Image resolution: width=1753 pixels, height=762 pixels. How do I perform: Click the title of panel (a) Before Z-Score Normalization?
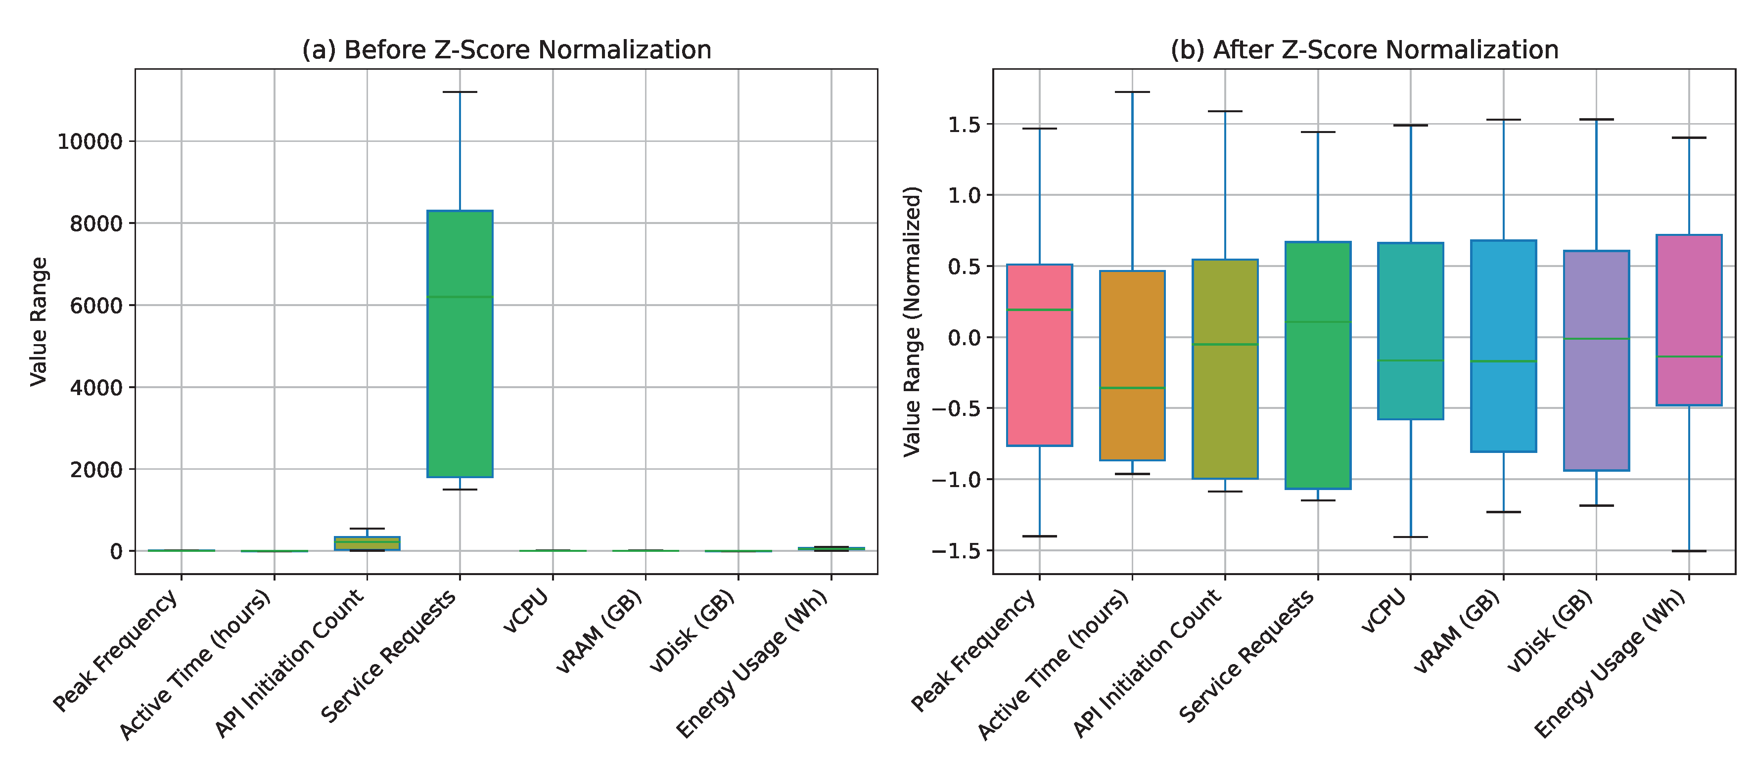[507, 50]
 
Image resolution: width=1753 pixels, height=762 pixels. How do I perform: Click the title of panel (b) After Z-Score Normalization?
[1364, 50]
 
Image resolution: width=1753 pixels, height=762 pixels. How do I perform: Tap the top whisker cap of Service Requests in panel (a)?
[460, 92]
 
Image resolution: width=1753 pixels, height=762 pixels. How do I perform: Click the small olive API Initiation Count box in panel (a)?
[368, 543]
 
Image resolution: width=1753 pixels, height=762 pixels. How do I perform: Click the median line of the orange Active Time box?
[1132, 388]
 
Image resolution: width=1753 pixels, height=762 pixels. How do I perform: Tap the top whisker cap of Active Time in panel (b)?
[1132, 92]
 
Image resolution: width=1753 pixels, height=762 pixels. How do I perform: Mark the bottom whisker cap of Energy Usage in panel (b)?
[1689, 551]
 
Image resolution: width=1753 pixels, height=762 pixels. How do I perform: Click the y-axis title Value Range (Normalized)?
[912, 321]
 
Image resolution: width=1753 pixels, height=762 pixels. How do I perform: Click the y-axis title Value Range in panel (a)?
[39, 321]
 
